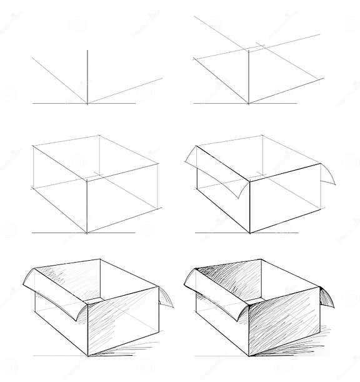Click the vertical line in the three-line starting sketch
(87, 75)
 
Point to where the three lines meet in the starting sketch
(87, 103)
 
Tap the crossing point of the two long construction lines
(249, 49)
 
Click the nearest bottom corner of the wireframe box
(87, 233)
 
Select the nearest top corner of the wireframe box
(87, 181)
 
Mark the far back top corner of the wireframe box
(99, 134)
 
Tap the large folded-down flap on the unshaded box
(212, 172)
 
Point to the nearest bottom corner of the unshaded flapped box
(250, 233)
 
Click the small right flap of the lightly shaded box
(167, 297)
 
